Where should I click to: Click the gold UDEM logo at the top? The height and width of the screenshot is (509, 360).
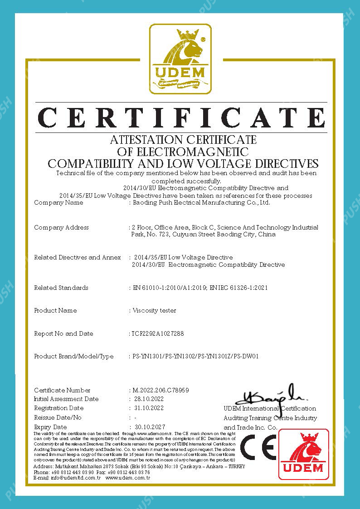[180, 59]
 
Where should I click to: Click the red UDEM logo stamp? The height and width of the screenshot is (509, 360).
[303, 454]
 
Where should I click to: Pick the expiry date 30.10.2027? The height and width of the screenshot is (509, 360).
[150, 427]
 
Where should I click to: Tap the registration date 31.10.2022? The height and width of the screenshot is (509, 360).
[150, 408]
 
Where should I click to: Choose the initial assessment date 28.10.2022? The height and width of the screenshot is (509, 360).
[150, 399]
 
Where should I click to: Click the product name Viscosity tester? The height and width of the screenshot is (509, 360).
[154, 311]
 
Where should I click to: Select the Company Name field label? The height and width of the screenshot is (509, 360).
[58, 203]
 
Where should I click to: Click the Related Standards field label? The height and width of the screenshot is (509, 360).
[61, 288]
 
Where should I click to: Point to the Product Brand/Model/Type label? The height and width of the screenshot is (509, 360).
[74, 357]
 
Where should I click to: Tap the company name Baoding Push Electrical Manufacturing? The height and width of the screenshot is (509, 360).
[201, 203]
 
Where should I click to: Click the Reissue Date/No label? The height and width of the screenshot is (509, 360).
[58, 418]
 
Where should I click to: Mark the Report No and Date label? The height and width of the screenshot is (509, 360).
[63, 334]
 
